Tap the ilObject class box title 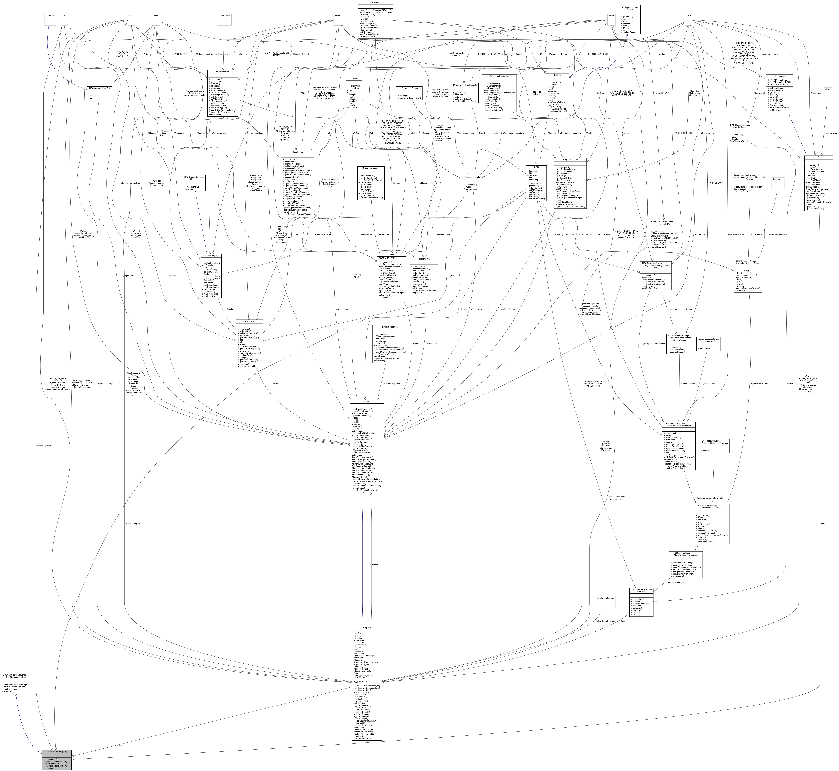(x=366, y=401)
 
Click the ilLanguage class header (x=249, y=321)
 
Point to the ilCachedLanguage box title (x=211, y=255)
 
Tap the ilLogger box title (x=354, y=78)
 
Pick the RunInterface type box (x=224, y=16)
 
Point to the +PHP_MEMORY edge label (x=716, y=183)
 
